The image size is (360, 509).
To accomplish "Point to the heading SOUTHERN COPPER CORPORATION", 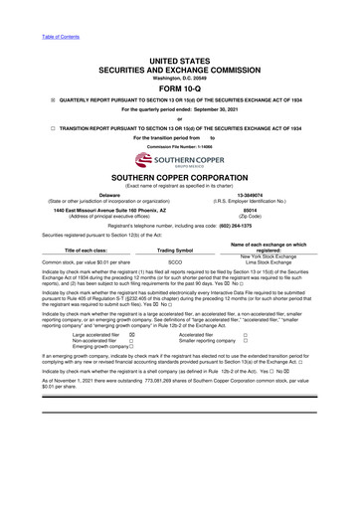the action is pyautogui.click(x=180, y=176).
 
